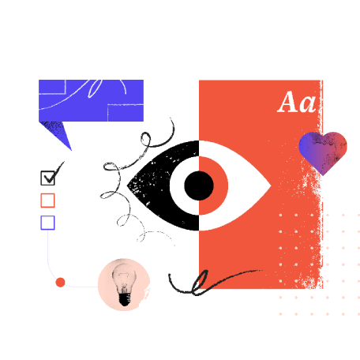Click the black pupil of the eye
click(x=199, y=186)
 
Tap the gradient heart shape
click(x=323, y=152)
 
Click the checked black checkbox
click(x=47, y=178)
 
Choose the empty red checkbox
click(x=47, y=201)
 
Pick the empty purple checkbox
click(x=47, y=223)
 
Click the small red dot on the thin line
click(x=60, y=282)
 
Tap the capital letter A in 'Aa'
click(x=287, y=102)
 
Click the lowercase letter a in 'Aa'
click(x=307, y=104)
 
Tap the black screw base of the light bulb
click(x=125, y=299)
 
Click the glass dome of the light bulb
click(x=124, y=276)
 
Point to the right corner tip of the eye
click(x=271, y=186)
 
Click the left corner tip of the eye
click(x=128, y=186)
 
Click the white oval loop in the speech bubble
click(x=95, y=88)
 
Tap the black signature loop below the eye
click(x=199, y=282)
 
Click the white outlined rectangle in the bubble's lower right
click(x=126, y=113)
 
